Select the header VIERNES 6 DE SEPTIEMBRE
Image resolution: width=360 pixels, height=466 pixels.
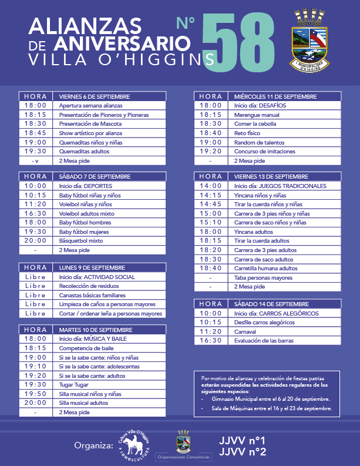point(95,96)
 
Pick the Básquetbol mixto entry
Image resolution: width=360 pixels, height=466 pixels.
point(81,240)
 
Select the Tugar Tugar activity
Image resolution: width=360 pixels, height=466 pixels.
point(73,384)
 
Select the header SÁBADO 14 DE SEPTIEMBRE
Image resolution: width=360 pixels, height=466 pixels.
point(271,304)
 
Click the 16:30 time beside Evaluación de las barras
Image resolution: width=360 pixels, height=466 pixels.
point(210,341)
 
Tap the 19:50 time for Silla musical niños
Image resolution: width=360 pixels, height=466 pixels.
point(35,394)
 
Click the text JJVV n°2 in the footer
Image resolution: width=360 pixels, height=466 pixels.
point(242,451)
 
